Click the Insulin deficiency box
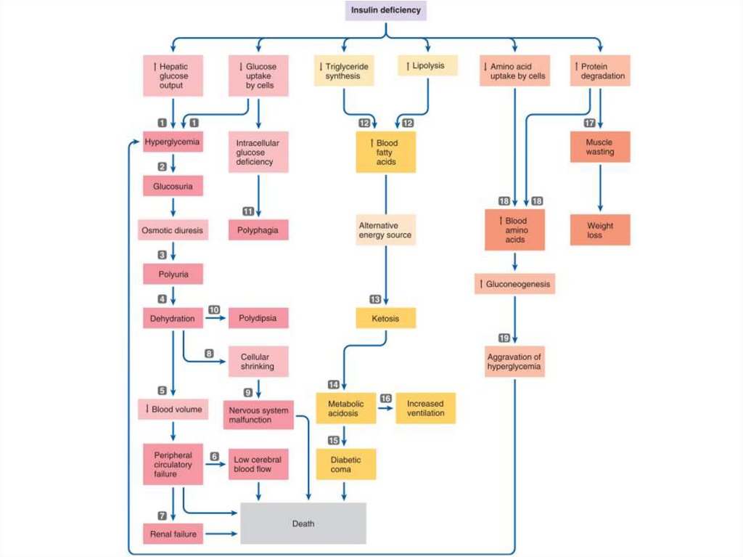pos(386,10)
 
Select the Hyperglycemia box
pos(173,142)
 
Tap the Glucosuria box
pos(173,186)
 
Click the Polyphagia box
pos(258,230)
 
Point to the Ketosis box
pos(386,318)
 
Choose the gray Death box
pos(303,524)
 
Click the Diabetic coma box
pos(346,465)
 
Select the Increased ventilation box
pos(425,408)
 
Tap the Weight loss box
pos(600,230)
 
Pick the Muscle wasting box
pos(600,147)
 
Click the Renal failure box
pos(173,534)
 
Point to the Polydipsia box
pos(258,318)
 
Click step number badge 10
pos(214,310)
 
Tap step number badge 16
pos(386,399)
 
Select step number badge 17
pos(589,123)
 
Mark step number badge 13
pos(375,299)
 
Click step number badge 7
pos(162,516)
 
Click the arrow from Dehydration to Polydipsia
pos(215,318)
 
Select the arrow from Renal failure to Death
pos(221,534)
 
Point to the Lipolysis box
pos(428,65)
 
